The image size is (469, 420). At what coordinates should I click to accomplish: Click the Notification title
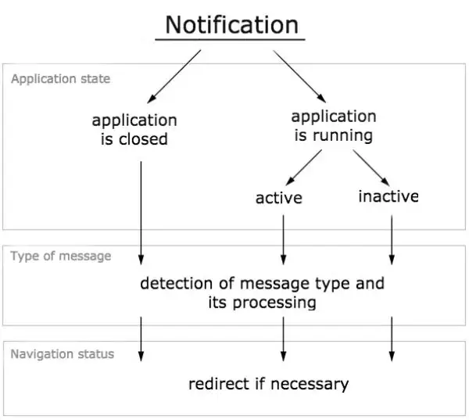(231, 24)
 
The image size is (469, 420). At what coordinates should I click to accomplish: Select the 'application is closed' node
(134, 130)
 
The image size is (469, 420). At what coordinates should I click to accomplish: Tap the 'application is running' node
(333, 126)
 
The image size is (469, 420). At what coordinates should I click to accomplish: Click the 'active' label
(278, 198)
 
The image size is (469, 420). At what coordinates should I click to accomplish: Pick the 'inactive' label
(388, 196)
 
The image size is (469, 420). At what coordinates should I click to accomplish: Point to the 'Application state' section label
(60, 79)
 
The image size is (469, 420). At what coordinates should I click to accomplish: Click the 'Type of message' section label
(60, 256)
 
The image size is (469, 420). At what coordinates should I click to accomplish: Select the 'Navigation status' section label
(62, 354)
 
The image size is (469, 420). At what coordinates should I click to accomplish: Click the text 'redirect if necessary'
(268, 384)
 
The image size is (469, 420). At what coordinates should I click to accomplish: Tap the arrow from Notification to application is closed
(174, 77)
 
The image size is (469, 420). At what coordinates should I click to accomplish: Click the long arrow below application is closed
(141, 211)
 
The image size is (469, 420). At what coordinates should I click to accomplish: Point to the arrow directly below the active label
(283, 239)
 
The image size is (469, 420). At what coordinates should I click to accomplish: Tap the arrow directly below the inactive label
(392, 239)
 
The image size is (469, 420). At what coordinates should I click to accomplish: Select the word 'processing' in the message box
(274, 302)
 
